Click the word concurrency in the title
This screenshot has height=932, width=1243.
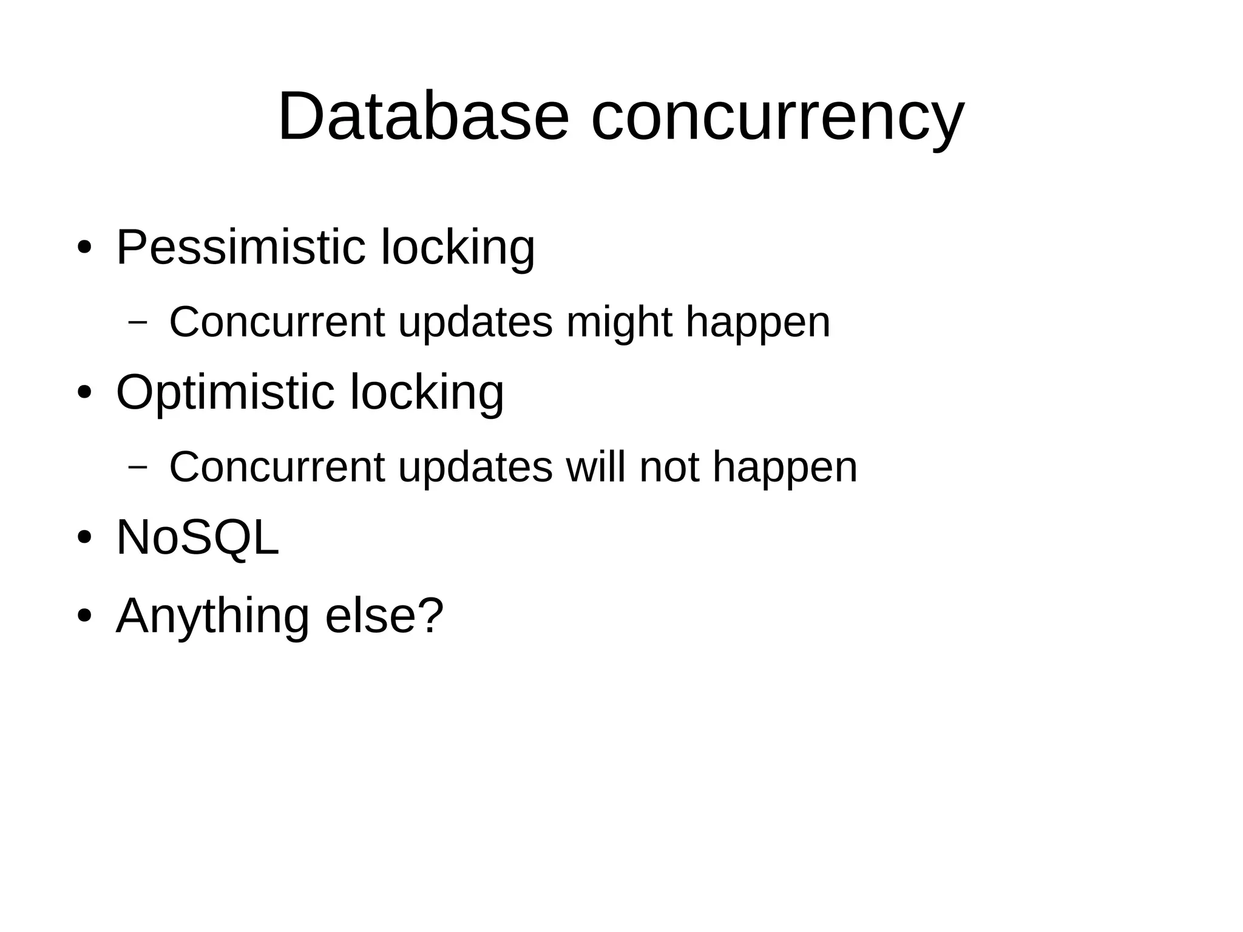[x=777, y=118]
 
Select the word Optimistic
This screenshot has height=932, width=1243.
[x=225, y=393]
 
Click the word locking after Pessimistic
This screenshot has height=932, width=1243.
[x=458, y=248]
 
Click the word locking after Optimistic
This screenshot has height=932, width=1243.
[x=427, y=393]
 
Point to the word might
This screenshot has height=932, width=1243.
[x=618, y=322]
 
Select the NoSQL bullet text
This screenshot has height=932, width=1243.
[x=197, y=537]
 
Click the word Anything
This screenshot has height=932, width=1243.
[x=212, y=616]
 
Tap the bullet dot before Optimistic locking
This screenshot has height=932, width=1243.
[x=84, y=393]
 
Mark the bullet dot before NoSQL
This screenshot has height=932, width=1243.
[x=84, y=537]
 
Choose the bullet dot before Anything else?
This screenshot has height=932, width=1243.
[x=84, y=616]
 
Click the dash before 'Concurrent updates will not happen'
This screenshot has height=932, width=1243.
[x=138, y=467]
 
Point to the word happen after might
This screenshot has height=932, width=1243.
[x=757, y=324]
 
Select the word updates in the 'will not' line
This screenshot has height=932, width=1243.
[x=475, y=468]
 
